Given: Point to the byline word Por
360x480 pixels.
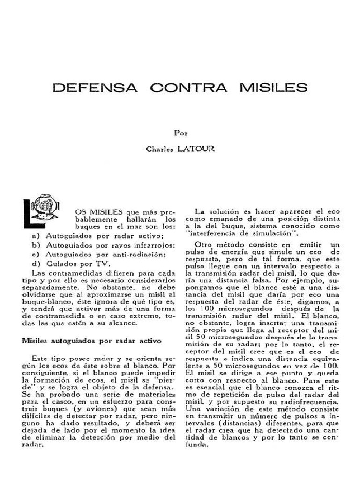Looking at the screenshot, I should coord(181,133).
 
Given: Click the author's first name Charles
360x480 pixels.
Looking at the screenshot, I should coord(160,150).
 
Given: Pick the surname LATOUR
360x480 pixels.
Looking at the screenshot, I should coord(199,150).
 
